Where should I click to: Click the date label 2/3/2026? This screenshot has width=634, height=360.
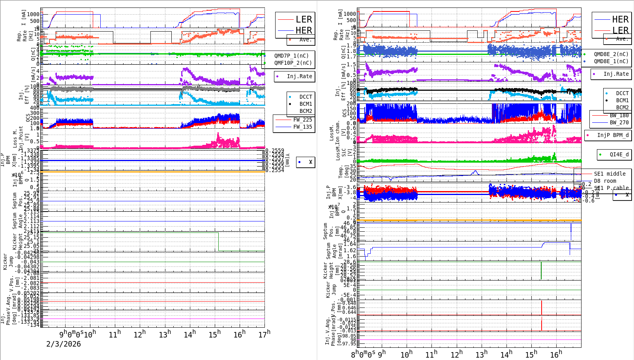coord(64,344)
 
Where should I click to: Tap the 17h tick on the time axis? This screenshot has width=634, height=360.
coord(264,334)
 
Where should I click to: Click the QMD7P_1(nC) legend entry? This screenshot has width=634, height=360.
coord(291,56)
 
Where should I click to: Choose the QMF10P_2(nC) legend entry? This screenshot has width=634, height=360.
coord(293,63)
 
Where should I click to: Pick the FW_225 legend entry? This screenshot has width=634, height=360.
coord(302,120)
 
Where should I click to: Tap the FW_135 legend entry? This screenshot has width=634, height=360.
coord(302,127)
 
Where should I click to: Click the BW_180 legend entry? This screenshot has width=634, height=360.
coord(619,115)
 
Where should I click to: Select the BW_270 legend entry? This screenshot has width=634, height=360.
coord(619,122)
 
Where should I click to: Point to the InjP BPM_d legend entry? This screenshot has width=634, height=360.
coord(613,135)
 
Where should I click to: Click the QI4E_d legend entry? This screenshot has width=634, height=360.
coord(619,154)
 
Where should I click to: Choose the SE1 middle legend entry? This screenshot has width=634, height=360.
coord(610,174)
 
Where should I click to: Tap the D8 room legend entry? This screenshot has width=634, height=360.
coord(605,181)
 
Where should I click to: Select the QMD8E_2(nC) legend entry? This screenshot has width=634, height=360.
coord(611,54)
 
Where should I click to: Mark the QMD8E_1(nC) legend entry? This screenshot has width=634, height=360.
coord(611,61)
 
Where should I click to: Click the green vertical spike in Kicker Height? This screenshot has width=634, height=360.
coord(541,270)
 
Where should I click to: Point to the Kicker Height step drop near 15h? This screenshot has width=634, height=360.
coord(219,242)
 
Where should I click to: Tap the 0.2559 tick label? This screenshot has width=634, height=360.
coord(275,151)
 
